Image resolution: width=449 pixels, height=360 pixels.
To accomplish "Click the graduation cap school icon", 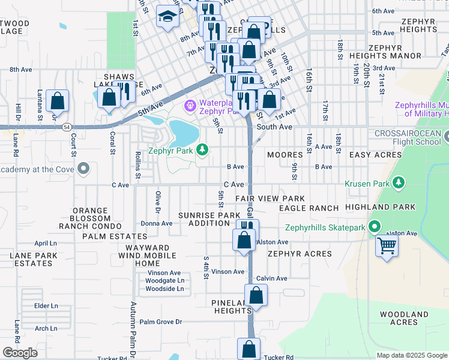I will [167, 17].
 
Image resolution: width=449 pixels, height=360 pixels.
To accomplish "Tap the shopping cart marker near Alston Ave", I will [387, 245].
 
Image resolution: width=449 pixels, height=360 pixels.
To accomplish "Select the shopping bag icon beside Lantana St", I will [57, 101].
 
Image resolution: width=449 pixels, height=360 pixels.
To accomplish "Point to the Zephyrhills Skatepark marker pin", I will [374, 227].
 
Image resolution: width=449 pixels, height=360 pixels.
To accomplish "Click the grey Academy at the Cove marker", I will [83, 169].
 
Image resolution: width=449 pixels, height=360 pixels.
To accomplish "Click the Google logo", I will [19, 353].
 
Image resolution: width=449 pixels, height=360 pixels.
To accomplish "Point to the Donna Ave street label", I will [156, 223].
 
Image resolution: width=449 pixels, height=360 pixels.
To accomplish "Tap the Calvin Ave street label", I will [272, 278].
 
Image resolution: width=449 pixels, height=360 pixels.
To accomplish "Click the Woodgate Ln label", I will [164, 280].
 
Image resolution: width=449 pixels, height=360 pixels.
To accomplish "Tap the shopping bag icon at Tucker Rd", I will [249, 349].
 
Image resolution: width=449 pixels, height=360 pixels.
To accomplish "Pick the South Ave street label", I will [274, 127].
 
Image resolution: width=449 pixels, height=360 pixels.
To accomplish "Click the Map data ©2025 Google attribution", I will [412, 355].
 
